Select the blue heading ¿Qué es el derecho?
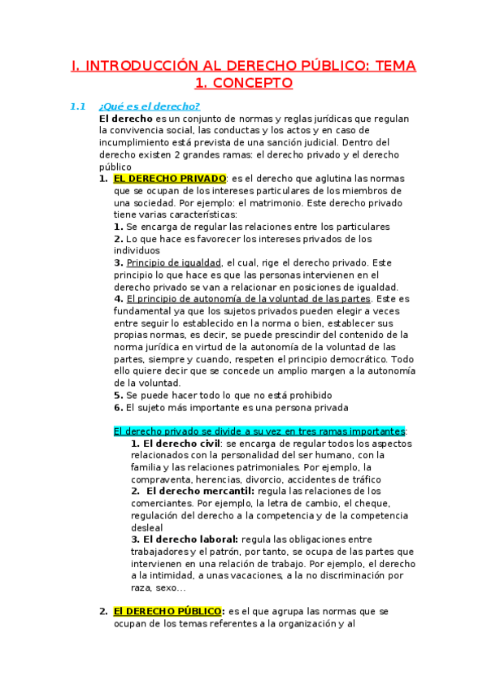click(x=149, y=106)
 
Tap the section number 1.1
click(x=78, y=106)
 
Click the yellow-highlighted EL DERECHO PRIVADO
click(x=169, y=179)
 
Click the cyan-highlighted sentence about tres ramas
click(x=259, y=431)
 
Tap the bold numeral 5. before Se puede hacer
click(x=119, y=395)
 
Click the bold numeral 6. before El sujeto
click(x=119, y=407)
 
